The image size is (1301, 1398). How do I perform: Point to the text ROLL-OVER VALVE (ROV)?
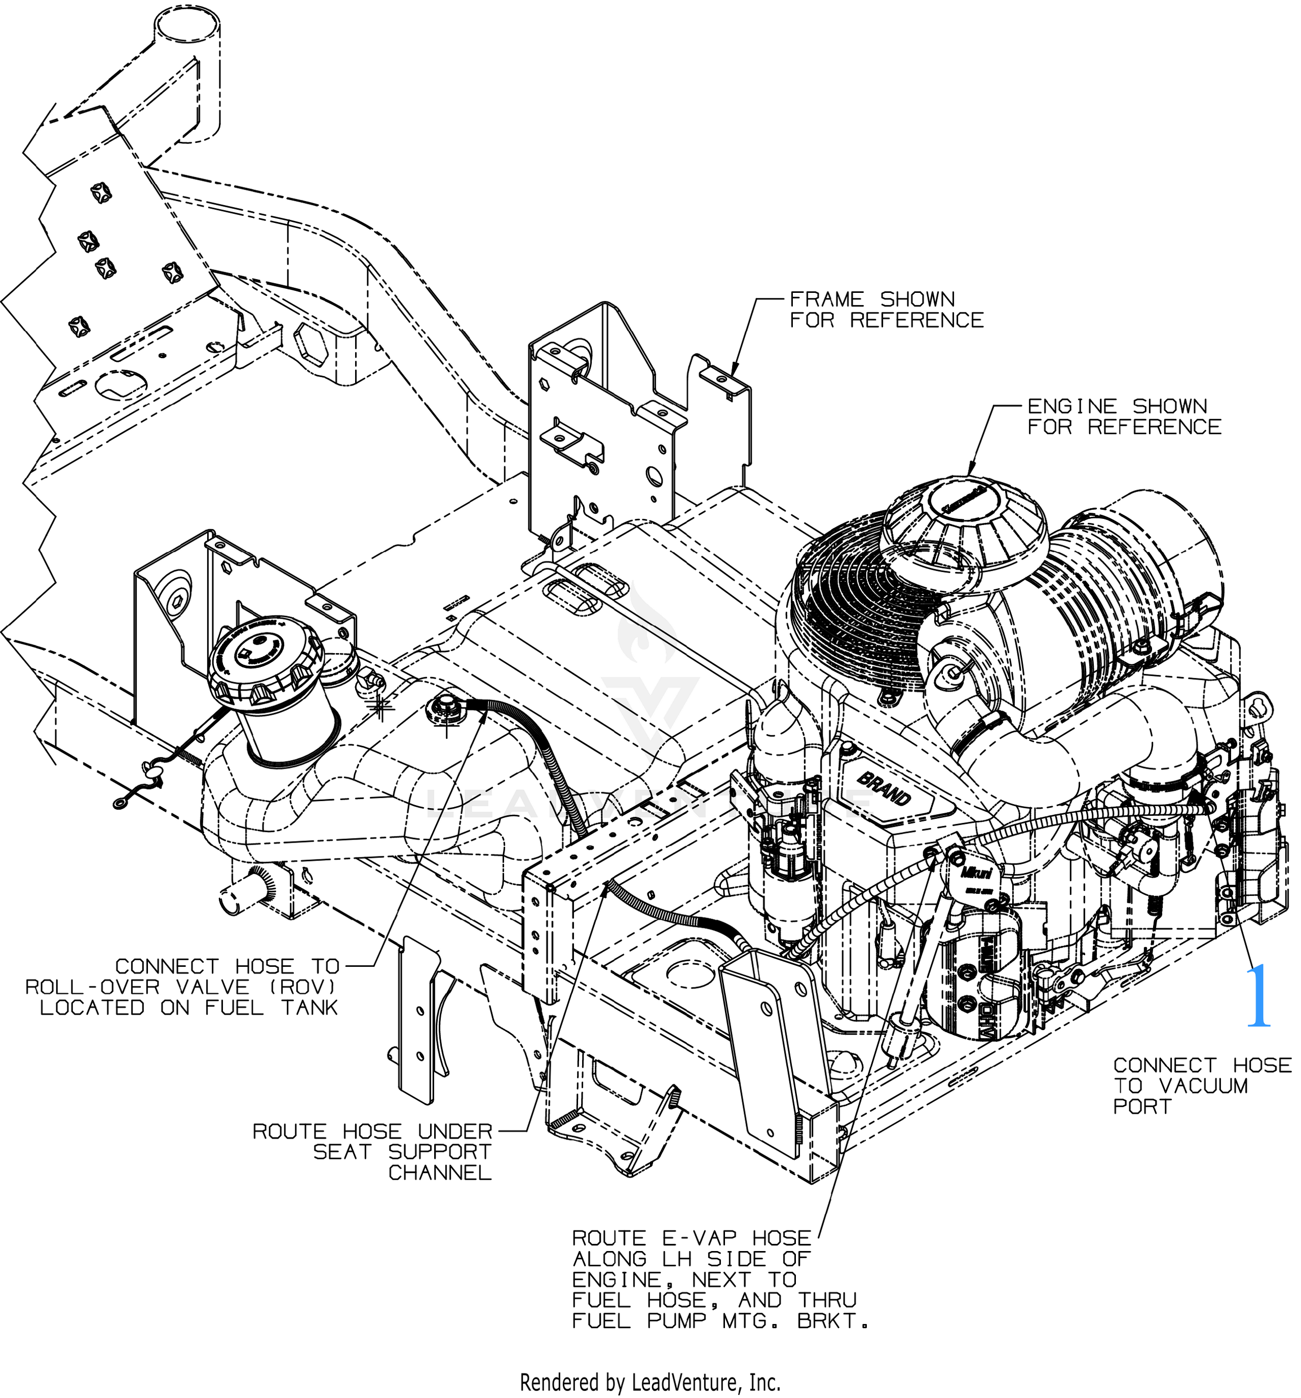point(181,987)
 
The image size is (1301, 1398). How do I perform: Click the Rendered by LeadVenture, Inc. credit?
point(650,1382)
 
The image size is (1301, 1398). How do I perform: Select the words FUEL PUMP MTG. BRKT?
point(719,1320)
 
